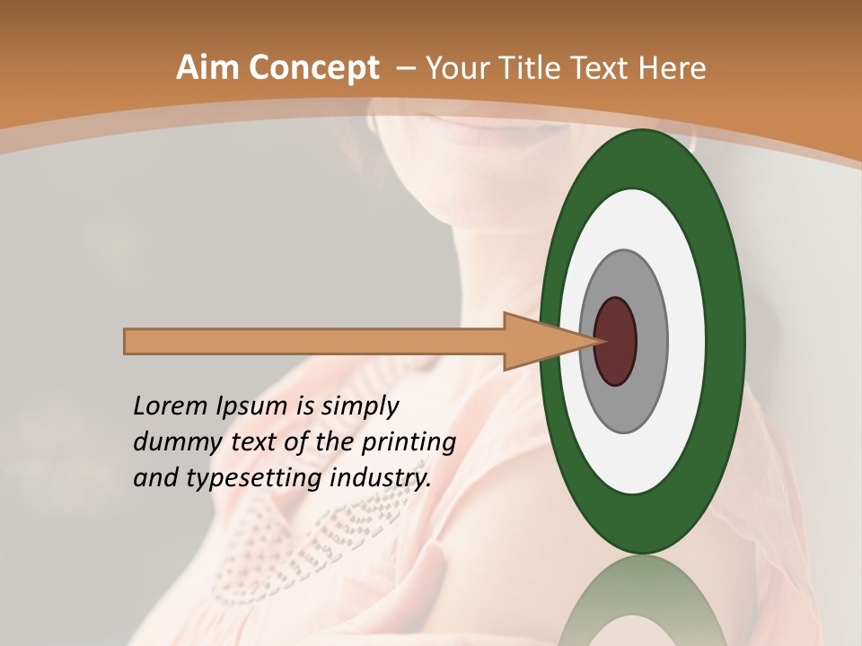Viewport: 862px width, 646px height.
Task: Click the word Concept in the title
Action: tap(314, 67)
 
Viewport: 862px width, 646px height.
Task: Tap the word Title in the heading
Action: tap(533, 67)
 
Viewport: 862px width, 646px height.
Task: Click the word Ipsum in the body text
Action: tap(264, 406)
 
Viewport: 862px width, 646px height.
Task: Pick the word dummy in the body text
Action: tap(173, 442)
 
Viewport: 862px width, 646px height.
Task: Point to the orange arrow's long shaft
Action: tap(314, 342)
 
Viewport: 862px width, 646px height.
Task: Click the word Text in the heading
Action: tap(603, 67)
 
